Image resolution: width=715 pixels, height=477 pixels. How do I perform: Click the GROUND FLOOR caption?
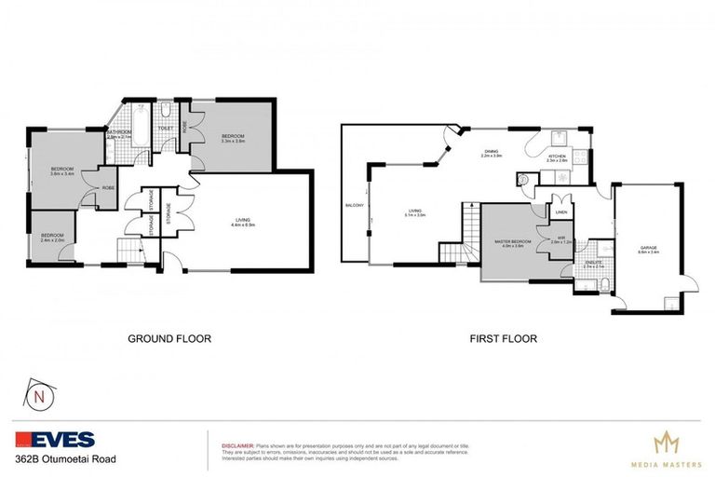point(169,339)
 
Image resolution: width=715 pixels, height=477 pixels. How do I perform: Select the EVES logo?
point(55,439)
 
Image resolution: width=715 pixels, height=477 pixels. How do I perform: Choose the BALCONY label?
point(354,205)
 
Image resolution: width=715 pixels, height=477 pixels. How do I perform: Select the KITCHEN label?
point(557,156)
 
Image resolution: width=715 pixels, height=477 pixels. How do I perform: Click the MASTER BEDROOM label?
point(514,240)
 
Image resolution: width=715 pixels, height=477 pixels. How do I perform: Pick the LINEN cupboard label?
point(560,212)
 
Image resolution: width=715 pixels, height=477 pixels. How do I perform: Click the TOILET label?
point(167,129)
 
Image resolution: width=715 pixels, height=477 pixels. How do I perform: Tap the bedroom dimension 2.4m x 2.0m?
point(52,240)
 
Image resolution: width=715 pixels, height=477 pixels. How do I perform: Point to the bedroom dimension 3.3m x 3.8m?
point(233,141)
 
